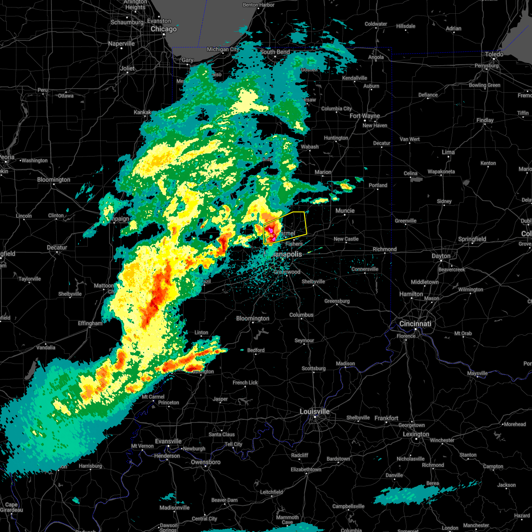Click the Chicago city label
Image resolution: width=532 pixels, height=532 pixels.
tap(164, 29)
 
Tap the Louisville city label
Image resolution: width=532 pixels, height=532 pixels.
tap(314, 411)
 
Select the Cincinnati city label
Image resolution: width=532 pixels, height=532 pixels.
tap(415, 324)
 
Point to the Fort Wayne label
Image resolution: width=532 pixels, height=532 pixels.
tap(365, 116)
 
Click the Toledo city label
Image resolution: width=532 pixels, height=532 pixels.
tap(494, 54)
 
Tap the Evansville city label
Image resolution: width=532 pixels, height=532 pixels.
tap(168, 441)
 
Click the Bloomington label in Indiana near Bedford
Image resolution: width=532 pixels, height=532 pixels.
tap(253, 318)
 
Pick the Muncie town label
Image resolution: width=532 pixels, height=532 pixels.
tap(345, 211)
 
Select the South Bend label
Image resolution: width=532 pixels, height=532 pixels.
tap(275, 52)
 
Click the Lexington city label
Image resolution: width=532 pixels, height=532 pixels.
tap(416, 434)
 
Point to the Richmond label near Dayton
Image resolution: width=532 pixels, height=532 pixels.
tap(384, 249)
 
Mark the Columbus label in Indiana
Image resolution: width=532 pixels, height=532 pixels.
tap(301, 315)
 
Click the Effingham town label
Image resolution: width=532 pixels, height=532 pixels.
tap(90, 323)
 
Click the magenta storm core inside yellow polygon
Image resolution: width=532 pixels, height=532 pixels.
tap(270, 230)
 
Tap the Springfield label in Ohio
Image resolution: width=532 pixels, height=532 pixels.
tap(472, 239)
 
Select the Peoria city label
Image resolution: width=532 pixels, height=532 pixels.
tap(7, 157)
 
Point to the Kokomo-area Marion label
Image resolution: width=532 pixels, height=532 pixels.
tap(323, 172)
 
